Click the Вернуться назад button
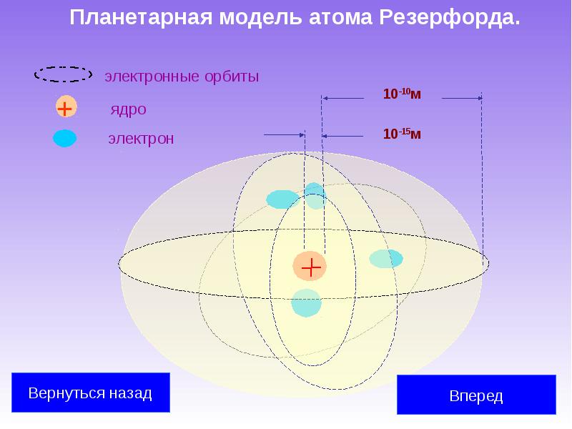(x=90, y=393)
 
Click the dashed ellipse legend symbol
(x=64, y=74)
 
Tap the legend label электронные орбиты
(x=182, y=76)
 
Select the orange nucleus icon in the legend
(x=65, y=109)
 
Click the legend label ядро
(x=128, y=110)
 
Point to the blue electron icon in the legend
(x=64, y=139)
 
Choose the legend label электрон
(x=140, y=139)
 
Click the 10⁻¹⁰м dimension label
(x=403, y=94)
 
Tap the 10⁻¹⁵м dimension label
(x=402, y=133)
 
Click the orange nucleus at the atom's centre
(x=310, y=267)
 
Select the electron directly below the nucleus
(x=306, y=303)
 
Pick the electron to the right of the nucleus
(x=385, y=259)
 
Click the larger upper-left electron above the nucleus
(x=282, y=199)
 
